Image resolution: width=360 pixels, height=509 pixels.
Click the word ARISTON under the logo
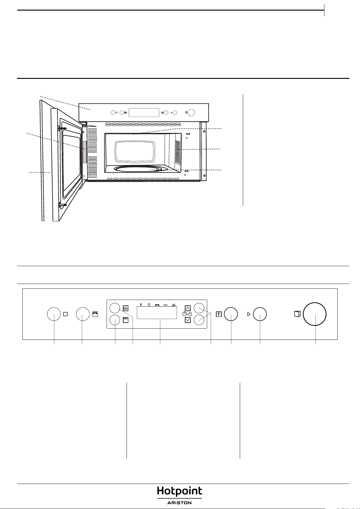pyautogui.click(x=179, y=503)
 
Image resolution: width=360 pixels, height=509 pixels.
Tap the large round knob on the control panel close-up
pyautogui.click(x=315, y=314)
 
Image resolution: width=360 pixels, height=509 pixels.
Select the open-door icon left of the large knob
pyautogui.click(x=297, y=314)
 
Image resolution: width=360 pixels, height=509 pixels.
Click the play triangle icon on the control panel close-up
pyautogui.click(x=249, y=314)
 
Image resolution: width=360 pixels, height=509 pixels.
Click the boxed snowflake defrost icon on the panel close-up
pyautogui.click(x=219, y=314)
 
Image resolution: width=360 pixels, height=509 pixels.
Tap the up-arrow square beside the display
pyautogui.click(x=188, y=308)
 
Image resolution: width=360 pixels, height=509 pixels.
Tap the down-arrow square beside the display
pyautogui.click(x=188, y=320)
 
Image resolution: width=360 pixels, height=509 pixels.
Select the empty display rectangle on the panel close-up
pyautogui.click(x=157, y=313)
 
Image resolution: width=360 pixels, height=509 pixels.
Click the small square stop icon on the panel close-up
pyautogui.click(x=66, y=314)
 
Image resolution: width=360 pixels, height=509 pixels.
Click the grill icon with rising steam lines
pyautogui.click(x=126, y=308)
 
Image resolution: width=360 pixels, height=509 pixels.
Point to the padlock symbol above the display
pyautogui.click(x=149, y=304)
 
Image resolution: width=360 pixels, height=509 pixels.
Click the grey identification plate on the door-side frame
pyautogui.click(x=85, y=152)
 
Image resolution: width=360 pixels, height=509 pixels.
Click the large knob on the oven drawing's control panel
pyautogui.click(x=191, y=112)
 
